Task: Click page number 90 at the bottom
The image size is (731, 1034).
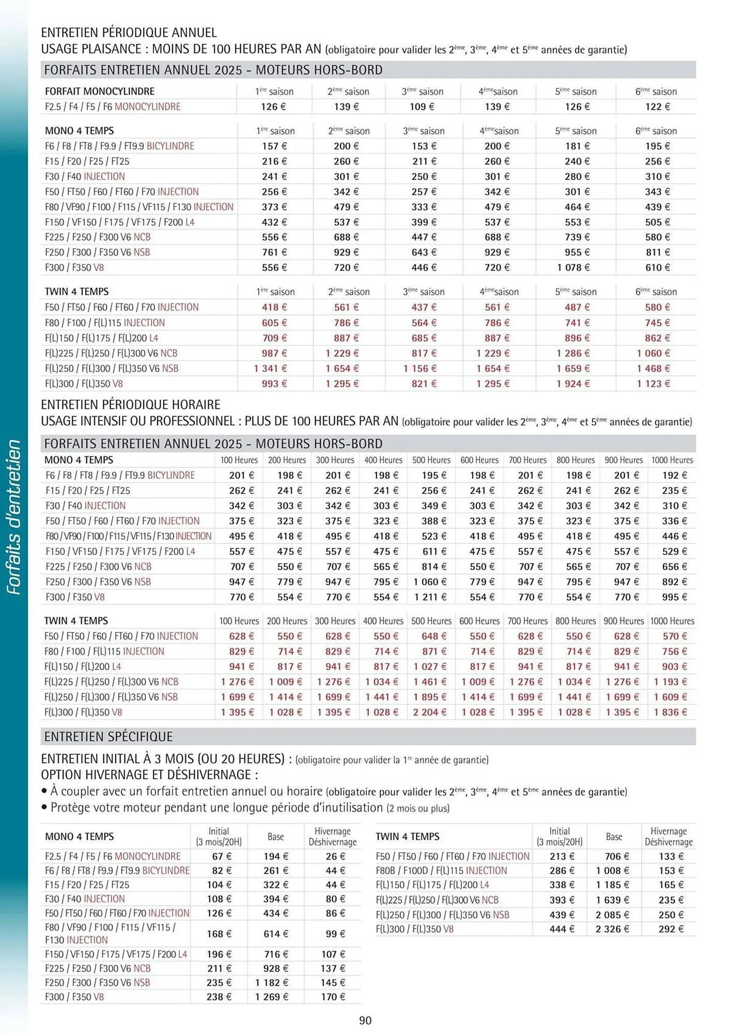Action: (x=365, y=1021)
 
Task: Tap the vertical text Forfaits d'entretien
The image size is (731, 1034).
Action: (x=14, y=517)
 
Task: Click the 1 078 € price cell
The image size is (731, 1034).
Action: (x=572, y=267)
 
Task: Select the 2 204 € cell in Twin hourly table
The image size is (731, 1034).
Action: (x=429, y=712)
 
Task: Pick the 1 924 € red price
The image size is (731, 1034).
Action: (x=572, y=384)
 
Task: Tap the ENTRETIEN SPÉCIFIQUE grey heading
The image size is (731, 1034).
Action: (x=108, y=736)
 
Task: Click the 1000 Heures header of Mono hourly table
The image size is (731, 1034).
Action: (x=672, y=460)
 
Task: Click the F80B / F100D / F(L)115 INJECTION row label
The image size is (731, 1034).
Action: (x=441, y=871)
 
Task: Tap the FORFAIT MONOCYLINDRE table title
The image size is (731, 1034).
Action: (x=100, y=92)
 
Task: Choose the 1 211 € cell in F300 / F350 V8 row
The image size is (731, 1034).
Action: (x=429, y=597)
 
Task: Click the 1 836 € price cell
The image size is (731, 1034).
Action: (x=670, y=712)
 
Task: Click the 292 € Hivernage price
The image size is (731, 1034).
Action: (x=671, y=929)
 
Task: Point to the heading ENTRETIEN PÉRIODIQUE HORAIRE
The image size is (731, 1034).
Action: (x=130, y=404)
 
